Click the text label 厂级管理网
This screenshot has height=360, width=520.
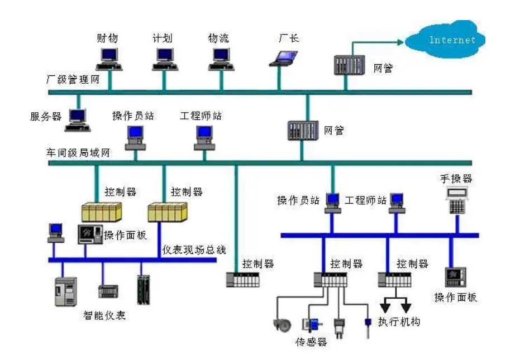(73, 79)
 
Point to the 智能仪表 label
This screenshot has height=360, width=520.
(103, 315)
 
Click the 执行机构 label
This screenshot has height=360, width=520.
(399, 322)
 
